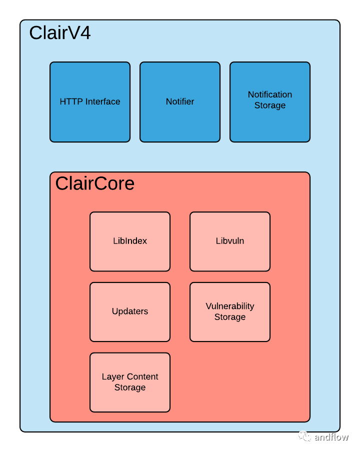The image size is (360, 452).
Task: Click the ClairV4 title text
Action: click(60, 33)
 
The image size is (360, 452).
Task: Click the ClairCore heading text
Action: click(95, 183)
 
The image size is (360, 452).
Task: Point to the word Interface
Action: click(102, 101)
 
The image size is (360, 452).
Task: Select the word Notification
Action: click(270, 94)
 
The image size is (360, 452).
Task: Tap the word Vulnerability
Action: click(230, 306)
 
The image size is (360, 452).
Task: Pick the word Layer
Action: click(112, 376)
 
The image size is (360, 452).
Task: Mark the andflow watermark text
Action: click(331, 437)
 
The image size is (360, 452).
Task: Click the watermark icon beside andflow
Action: click(305, 436)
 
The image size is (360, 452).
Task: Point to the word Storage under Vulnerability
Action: click(230, 317)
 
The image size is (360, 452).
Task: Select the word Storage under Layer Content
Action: click(130, 387)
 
